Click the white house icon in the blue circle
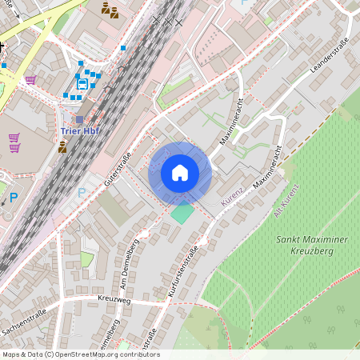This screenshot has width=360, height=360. tap(180, 173)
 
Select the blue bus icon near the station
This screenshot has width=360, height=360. tap(82, 83)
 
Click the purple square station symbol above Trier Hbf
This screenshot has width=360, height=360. tap(79, 120)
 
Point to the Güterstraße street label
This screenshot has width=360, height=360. tap(117, 171)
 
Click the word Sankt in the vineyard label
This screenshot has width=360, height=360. tap(290, 238)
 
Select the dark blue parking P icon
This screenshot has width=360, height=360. tap(13, 197)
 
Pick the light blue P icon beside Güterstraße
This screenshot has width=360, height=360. tap(81, 193)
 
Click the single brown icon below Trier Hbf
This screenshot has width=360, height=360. tap(62, 146)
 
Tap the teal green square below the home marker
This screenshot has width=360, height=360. tap(182, 214)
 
